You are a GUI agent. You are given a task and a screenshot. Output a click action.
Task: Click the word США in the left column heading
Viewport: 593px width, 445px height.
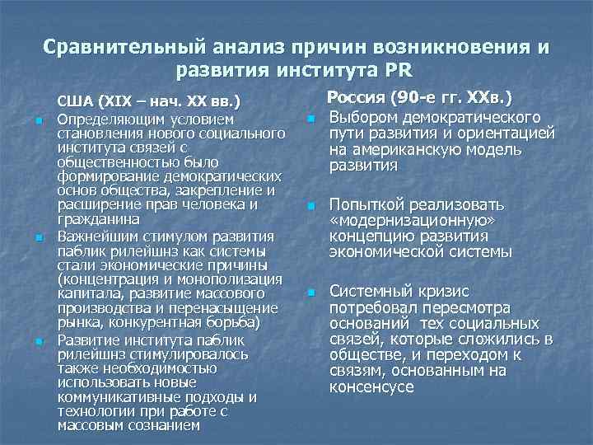tap(74, 103)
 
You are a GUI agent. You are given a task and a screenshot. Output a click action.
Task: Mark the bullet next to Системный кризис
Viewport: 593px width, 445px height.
tap(311, 292)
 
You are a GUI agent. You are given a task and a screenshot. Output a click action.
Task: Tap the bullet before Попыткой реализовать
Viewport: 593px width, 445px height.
tap(311, 205)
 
